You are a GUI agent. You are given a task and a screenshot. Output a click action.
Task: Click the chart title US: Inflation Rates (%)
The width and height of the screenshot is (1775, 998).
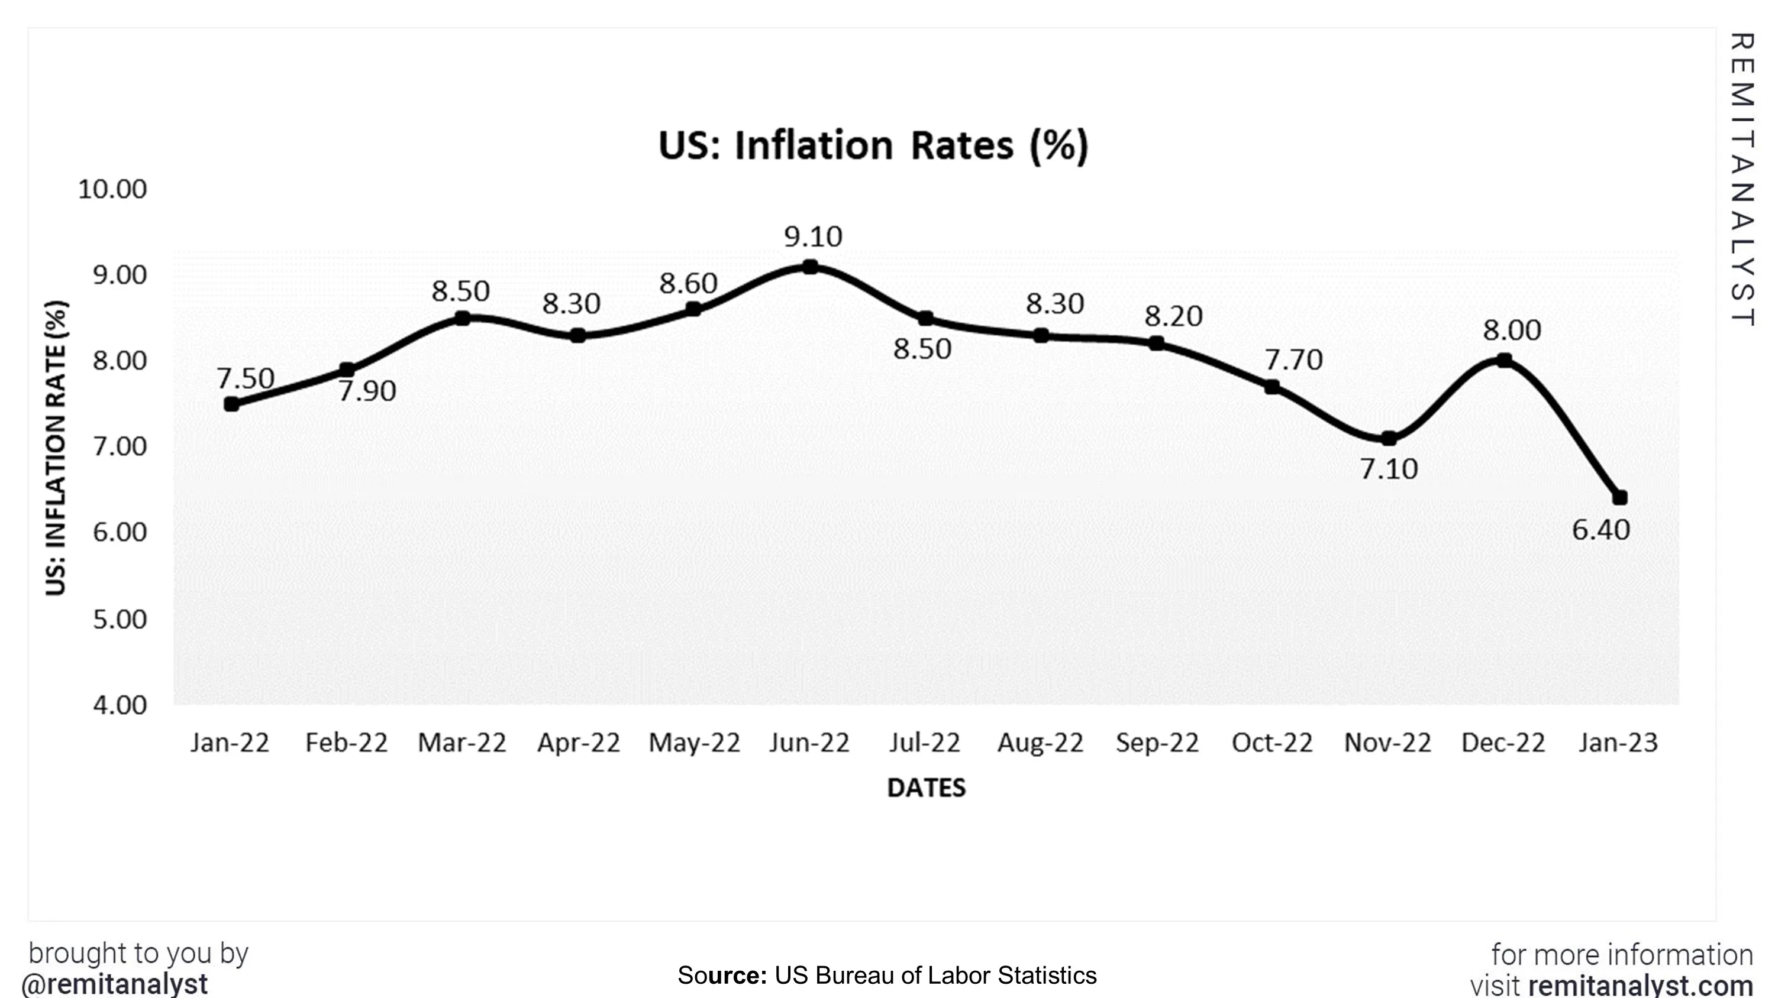click(x=873, y=145)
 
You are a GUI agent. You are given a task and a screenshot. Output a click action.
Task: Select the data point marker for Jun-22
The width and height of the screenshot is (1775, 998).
click(x=811, y=267)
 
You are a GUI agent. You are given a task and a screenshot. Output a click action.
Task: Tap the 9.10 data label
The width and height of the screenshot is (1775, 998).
click(x=813, y=237)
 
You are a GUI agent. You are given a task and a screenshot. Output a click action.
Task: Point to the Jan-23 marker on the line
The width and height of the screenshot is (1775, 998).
click(x=1620, y=497)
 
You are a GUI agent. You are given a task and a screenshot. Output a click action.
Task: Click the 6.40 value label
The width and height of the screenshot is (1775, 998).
click(x=1600, y=530)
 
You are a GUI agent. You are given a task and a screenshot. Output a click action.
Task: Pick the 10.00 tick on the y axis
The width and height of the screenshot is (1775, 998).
click(x=112, y=189)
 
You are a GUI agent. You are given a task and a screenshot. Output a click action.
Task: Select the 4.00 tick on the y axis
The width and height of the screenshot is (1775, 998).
click(x=120, y=705)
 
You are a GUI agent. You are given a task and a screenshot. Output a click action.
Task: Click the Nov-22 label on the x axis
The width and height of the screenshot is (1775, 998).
click(x=1387, y=743)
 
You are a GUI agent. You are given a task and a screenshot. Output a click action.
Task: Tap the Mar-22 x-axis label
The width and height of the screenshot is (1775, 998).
click(x=461, y=743)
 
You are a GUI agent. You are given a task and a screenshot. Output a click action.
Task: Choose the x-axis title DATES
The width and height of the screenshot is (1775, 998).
click(x=926, y=788)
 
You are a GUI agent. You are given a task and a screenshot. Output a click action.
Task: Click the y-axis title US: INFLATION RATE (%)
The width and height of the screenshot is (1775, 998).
click(x=56, y=448)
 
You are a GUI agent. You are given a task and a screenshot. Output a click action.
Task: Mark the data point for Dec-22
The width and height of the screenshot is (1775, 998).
click(x=1504, y=360)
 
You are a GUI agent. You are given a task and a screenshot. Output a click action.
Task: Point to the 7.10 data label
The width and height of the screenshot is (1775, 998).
click(x=1389, y=469)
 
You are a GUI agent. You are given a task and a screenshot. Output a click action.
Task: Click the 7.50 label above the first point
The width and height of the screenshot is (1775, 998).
click(x=246, y=378)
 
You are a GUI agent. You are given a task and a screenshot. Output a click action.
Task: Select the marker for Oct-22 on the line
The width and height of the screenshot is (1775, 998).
click(x=1272, y=387)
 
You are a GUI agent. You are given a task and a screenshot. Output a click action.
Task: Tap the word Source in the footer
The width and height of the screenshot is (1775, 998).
click(x=721, y=976)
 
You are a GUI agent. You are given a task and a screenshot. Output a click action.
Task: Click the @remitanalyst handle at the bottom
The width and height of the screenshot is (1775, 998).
click(x=114, y=984)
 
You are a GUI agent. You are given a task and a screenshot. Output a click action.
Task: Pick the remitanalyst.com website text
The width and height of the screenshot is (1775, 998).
click(x=1641, y=986)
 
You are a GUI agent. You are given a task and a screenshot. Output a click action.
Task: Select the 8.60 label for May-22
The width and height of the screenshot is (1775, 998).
click(x=688, y=283)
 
